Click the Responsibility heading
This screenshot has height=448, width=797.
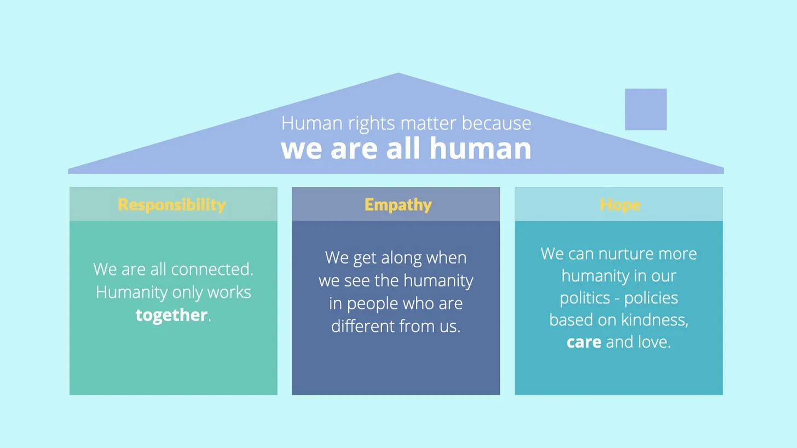[172, 205]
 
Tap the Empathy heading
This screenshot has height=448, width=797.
[398, 205]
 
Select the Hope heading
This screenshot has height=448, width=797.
[620, 205]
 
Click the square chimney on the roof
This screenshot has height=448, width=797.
[645, 110]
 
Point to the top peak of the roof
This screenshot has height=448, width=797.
[398, 74]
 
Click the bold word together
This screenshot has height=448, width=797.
[171, 315]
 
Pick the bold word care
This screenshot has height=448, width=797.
[584, 342]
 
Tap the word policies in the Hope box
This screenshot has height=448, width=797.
[651, 298]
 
